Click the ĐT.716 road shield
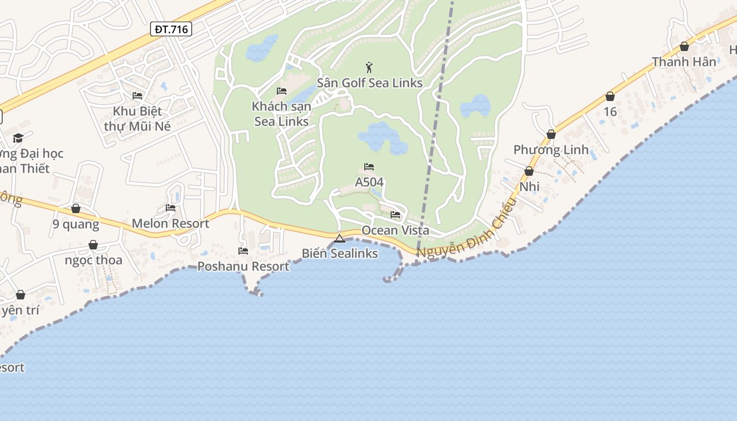171,29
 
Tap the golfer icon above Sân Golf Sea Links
369,67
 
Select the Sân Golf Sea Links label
370,83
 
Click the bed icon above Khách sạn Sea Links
282,91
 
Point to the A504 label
369,182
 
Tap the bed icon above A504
369,167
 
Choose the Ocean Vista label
395,230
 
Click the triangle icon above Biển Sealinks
340,238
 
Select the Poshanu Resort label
243,266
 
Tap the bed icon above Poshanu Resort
243,251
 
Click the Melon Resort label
171,224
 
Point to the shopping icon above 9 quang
76,209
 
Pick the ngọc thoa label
93,260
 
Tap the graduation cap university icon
18,138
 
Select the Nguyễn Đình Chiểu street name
466,230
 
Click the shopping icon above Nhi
529,172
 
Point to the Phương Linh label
551,150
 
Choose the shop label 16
610,112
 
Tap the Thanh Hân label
684,62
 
